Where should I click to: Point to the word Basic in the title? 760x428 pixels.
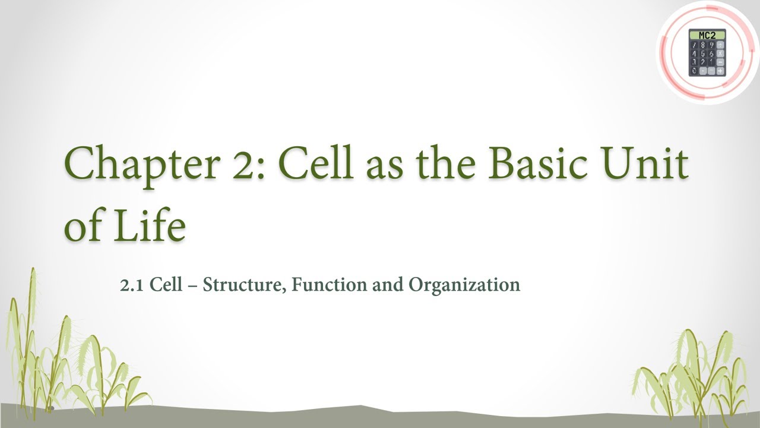point(543,162)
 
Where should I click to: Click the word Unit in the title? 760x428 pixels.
point(650,162)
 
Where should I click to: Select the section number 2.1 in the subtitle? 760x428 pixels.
point(132,285)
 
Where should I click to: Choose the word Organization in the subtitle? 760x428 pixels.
point(464,285)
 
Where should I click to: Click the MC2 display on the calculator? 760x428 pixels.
point(707,36)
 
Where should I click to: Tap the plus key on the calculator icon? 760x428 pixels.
point(720,71)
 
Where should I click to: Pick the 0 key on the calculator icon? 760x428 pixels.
point(694,71)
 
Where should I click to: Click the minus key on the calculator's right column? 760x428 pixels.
point(720,62)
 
